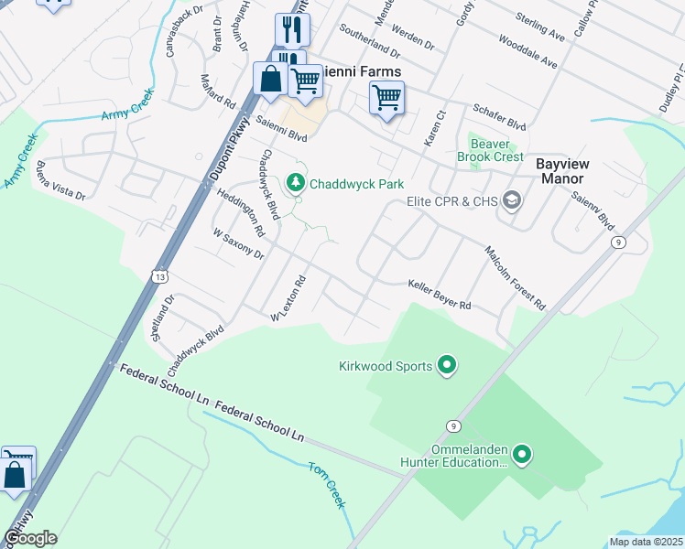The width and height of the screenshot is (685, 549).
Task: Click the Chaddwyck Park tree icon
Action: click(296, 184)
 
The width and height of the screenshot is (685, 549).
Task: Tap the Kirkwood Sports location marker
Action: click(447, 366)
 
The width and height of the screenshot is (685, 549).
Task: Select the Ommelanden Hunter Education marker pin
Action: click(522, 454)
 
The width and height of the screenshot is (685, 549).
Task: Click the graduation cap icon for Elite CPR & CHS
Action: click(511, 201)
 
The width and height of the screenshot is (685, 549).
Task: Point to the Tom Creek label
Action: click(328, 485)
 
